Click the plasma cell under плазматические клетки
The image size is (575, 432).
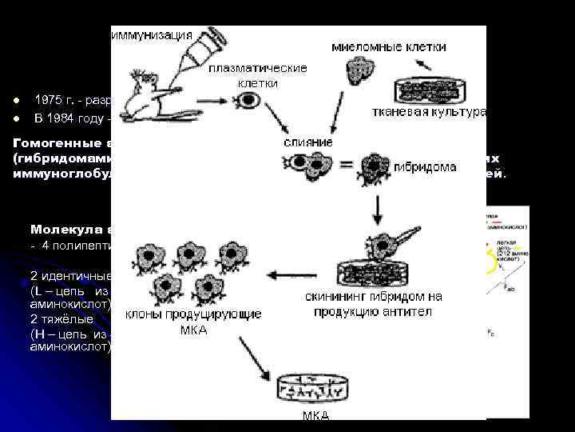click(x=250, y=102)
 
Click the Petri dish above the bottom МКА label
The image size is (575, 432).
click(x=313, y=391)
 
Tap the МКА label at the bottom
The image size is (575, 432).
click(x=315, y=416)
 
